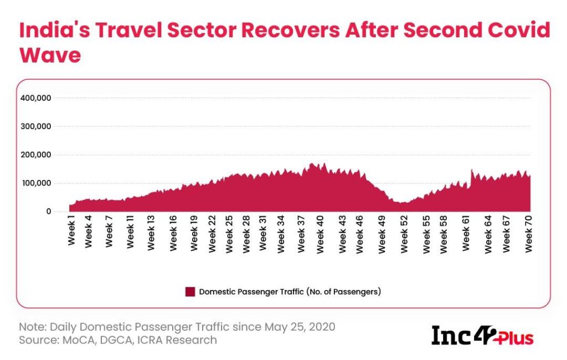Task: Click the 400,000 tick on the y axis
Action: point(35,98)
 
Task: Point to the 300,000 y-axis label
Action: point(35,126)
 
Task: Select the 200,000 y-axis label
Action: point(35,155)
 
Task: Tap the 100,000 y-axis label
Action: point(35,183)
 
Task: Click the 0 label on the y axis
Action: point(49,212)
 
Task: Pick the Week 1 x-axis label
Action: point(71,234)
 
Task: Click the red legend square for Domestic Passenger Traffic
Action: point(190,291)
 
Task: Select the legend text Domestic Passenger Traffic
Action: point(290,291)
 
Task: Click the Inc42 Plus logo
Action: point(482,335)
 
